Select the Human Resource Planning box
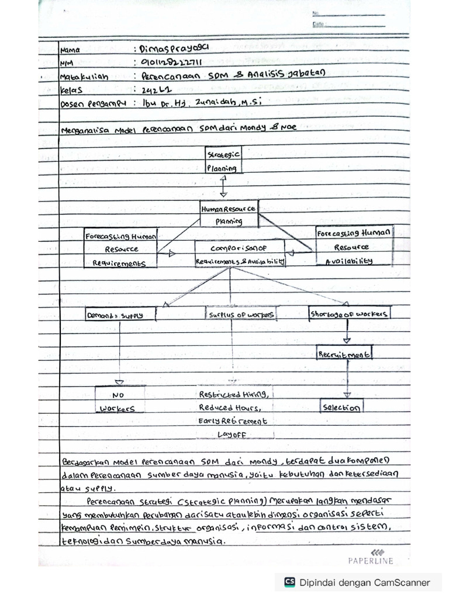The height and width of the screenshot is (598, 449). pos(229,214)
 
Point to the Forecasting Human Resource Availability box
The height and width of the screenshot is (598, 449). pos(355,246)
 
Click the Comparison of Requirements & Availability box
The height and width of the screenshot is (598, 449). pos(240,254)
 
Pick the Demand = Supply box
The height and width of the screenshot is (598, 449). pos(122,314)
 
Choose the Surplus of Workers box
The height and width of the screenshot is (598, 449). pos(241,314)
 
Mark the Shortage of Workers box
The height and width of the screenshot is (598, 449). pos(350,314)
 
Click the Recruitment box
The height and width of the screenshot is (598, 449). pos(345,353)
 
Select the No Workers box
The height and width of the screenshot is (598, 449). pos(120,401)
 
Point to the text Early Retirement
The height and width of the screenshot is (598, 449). pos(232,421)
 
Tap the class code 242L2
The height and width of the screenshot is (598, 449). pos(150,89)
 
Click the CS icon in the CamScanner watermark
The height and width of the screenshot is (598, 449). pos(289,582)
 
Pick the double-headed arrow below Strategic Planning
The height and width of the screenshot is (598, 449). pos(223,186)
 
